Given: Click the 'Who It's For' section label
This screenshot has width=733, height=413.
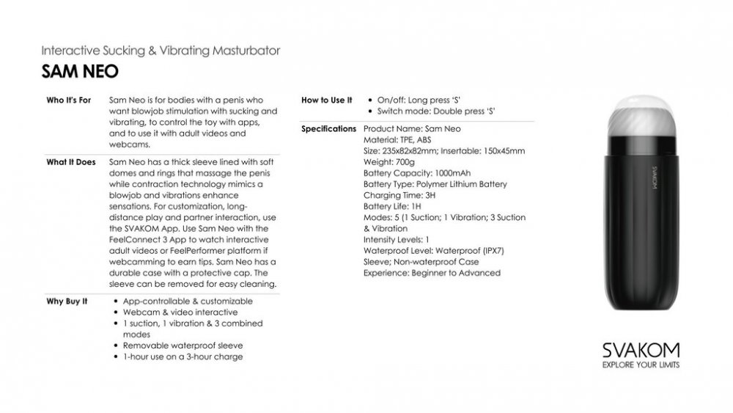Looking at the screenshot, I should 69,100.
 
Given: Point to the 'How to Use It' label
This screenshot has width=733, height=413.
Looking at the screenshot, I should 327,100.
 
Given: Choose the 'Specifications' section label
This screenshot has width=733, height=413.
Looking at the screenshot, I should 329,129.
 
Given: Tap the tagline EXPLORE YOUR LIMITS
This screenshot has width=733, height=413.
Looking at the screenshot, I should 640,365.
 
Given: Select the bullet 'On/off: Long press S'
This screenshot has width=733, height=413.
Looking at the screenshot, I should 423,100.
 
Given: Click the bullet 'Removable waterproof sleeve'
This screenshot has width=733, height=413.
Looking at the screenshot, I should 183,346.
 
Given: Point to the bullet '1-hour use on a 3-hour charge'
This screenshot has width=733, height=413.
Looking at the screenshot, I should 183,357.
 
